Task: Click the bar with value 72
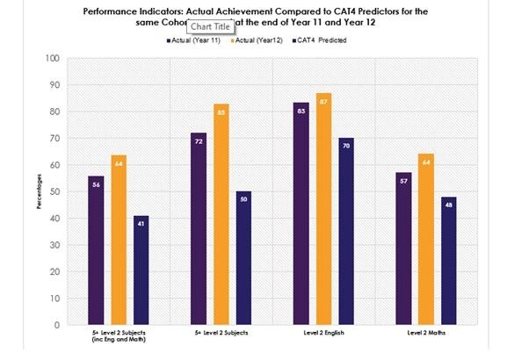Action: click(199, 229)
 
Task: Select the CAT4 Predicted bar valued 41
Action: click(140, 270)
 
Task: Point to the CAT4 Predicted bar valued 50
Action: click(243, 258)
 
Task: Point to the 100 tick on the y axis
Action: click(53, 59)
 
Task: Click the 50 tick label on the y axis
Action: click(54, 191)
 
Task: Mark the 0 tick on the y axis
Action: click(57, 325)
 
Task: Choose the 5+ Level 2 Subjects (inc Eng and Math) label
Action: click(119, 338)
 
